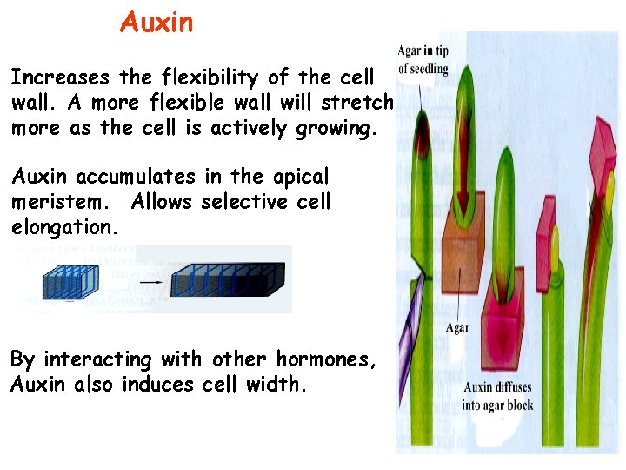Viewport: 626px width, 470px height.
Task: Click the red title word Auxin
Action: (156, 22)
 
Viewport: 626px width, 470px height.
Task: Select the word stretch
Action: (357, 104)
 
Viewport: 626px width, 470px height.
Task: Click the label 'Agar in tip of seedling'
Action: (423, 58)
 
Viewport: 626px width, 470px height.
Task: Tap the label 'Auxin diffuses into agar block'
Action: (498, 396)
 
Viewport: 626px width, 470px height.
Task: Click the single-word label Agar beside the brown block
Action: (457, 327)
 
